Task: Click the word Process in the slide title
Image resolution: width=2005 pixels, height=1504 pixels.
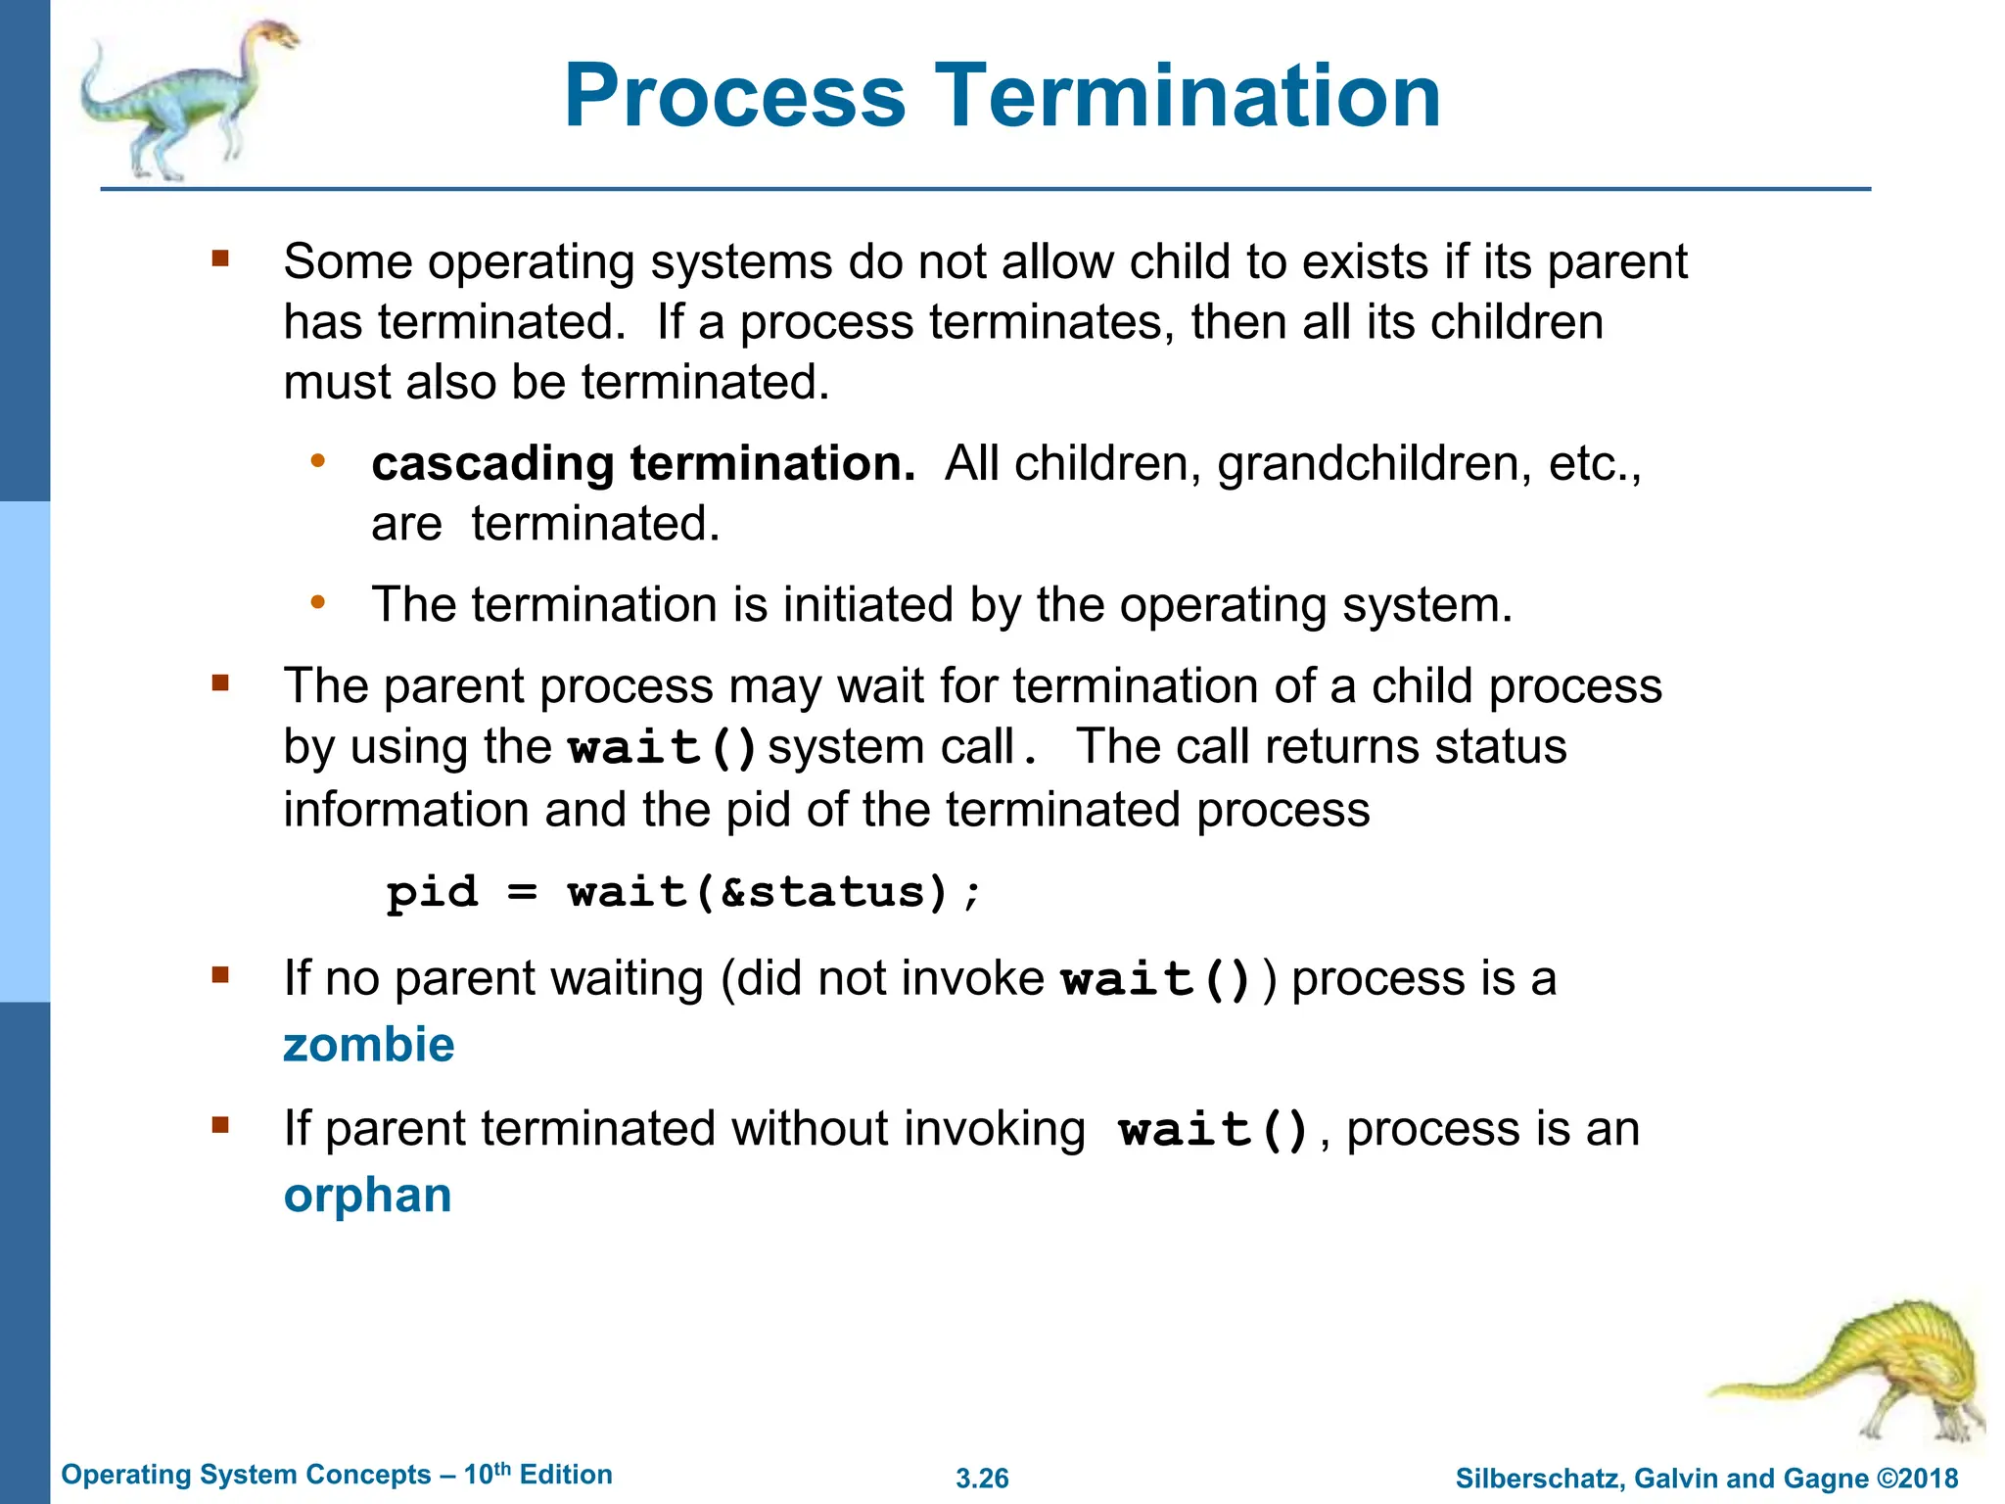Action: [x=734, y=96]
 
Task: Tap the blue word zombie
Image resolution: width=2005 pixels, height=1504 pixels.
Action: [x=369, y=1045]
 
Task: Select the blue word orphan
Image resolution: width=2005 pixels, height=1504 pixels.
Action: [x=367, y=1196]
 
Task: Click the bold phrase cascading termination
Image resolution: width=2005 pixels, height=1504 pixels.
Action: [x=643, y=463]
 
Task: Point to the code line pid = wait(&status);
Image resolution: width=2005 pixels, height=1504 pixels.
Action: [x=682, y=892]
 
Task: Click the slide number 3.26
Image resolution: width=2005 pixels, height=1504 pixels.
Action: [x=982, y=1479]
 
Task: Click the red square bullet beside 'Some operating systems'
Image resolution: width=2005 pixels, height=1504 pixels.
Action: [x=220, y=258]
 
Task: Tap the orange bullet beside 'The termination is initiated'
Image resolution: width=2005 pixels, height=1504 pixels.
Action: [x=317, y=602]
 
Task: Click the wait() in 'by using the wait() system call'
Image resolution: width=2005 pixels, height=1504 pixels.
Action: [x=663, y=748]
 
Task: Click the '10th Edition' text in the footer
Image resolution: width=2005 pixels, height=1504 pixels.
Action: [x=537, y=1475]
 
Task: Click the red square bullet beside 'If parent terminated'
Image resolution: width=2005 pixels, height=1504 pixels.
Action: [x=220, y=1125]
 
